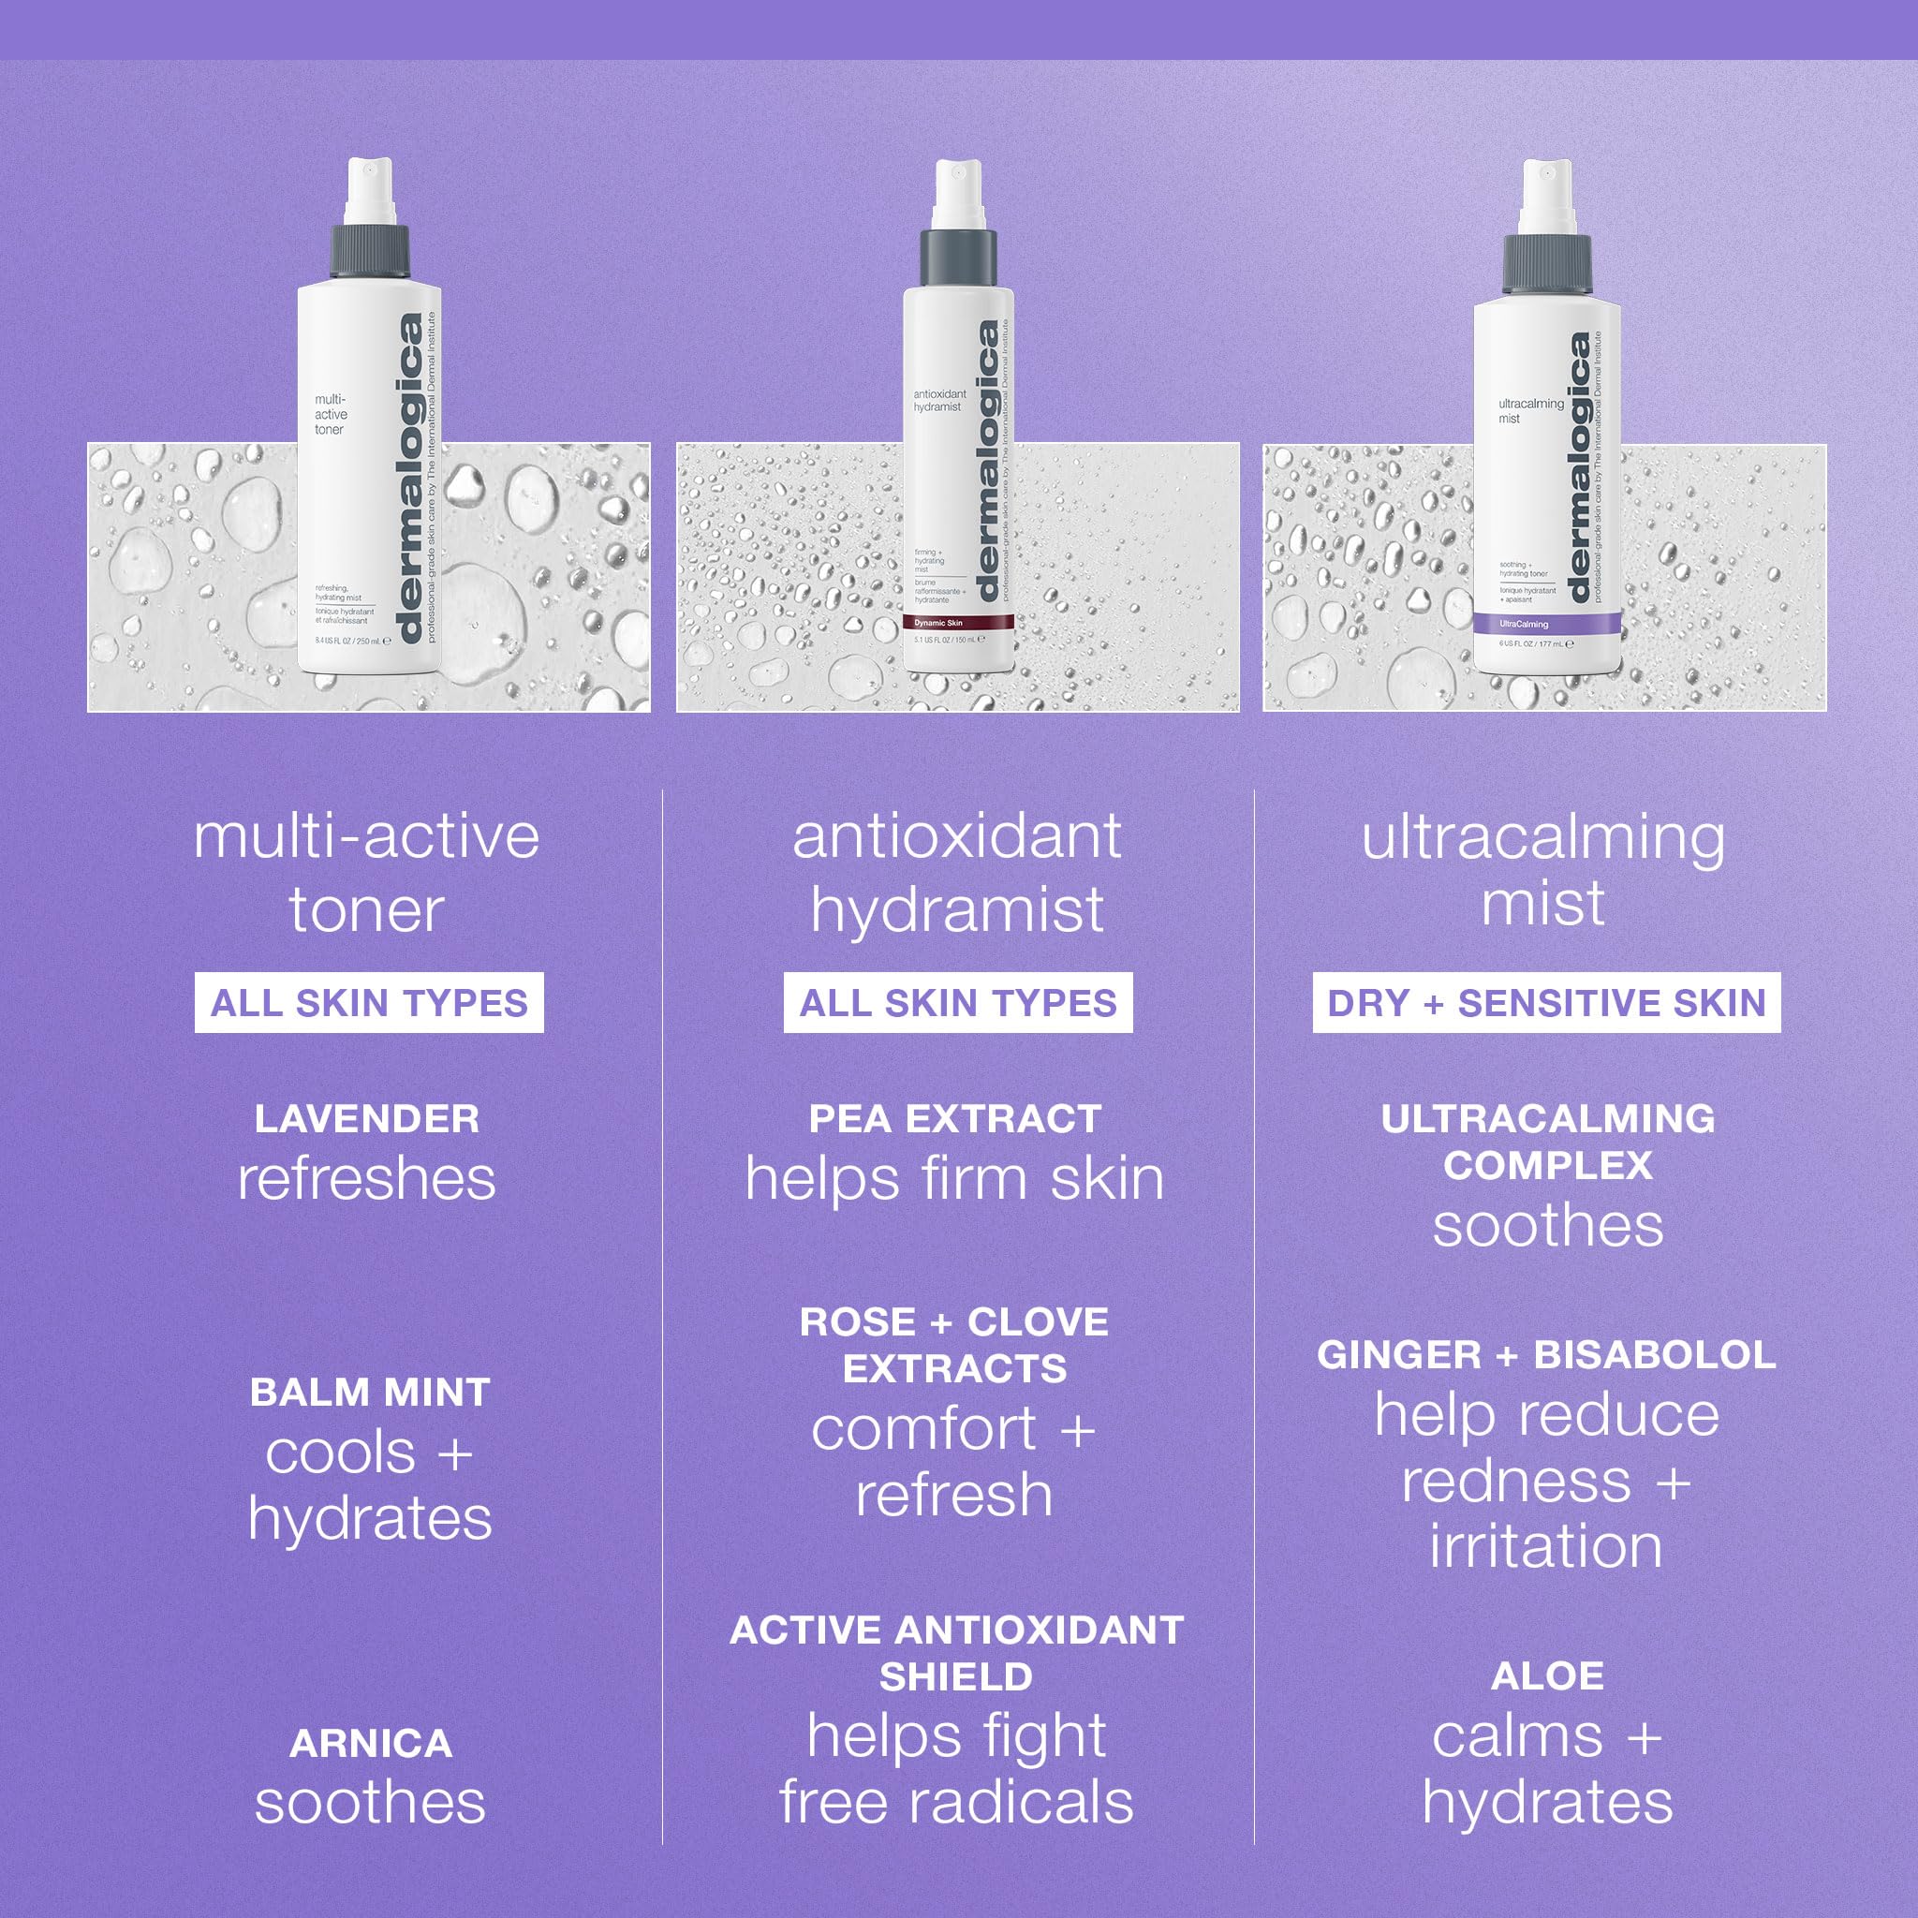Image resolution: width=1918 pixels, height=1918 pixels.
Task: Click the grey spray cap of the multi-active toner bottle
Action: [x=369, y=251]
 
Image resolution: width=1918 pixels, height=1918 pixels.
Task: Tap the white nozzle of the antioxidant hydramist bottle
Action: [x=958, y=194]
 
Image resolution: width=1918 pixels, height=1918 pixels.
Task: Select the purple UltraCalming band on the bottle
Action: [x=1545, y=624]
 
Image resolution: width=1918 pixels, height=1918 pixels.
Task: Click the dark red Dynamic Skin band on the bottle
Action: [x=958, y=623]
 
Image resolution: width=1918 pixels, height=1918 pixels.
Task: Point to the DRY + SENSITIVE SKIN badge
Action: [x=1545, y=1003]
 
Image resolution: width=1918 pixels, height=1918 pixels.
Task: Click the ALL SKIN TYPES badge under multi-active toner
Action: [x=368, y=1003]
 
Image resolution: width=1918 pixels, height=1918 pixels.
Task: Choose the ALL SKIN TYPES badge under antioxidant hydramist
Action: [x=958, y=1003]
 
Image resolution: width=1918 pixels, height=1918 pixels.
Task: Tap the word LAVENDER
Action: [x=367, y=1119]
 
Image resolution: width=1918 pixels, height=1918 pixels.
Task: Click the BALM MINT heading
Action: [x=370, y=1392]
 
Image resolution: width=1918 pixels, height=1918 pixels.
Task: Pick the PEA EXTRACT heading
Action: [x=955, y=1119]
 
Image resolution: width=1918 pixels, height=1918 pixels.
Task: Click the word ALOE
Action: [x=1547, y=1675]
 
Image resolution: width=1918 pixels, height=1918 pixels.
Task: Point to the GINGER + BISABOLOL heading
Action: [x=1545, y=1355]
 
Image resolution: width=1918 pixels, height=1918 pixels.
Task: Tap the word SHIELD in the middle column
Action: [x=956, y=1676]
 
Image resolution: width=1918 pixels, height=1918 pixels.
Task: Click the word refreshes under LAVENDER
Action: [x=367, y=1179]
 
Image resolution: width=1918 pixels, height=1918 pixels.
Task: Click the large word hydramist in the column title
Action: [x=957, y=909]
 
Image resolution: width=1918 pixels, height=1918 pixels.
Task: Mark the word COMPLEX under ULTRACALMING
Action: [x=1548, y=1165]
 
